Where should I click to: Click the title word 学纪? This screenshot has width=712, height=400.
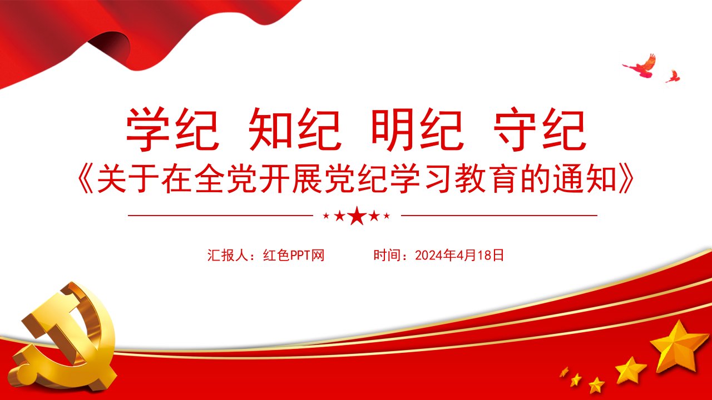point(172,129)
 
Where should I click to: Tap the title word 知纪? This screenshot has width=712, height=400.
point(295,129)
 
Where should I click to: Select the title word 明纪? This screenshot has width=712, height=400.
point(417,129)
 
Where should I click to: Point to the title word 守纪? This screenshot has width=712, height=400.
point(540,129)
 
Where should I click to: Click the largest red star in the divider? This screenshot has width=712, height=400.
point(357,216)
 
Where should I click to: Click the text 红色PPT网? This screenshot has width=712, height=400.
point(294,255)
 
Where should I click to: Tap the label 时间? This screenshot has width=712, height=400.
point(387,255)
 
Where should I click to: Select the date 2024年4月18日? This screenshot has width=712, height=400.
point(459,255)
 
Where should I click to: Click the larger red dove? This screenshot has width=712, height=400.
point(640,66)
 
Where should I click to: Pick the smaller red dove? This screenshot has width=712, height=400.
point(673,77)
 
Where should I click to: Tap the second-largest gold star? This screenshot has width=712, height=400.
point(631,371)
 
